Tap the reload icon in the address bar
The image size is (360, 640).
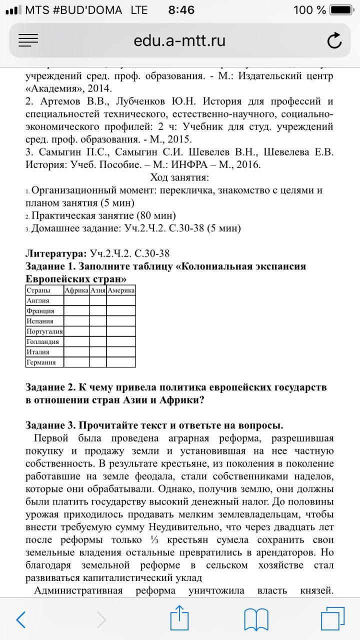pyautogui.click(x=334, y=40)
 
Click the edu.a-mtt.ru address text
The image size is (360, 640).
pyautogui.click(x=179, y=40)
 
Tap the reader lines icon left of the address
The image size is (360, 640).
pyautogui.click(x=28, y=40)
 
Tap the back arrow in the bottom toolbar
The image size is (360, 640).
pyautogui.click(x=21, y=620)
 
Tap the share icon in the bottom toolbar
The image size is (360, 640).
pyautogui.click(x=179, y=619)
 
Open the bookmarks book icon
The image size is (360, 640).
pyautogui.click(x=256, y=620)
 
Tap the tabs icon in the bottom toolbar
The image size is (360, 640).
pyautogui.click(x=332, y=619)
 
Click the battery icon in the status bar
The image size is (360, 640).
pyautogui.click(x=341, y=10)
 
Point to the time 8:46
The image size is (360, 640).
pyautogui.click(x=181, y=10)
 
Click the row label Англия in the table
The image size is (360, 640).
pyautogui.click(x=38, y=300)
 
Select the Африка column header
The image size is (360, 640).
pyautogui.click(x=76, y=290)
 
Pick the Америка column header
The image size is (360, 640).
pyautogui.click(x=121, y=290)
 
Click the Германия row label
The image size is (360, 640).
pyautogui.click(x=41, y=362)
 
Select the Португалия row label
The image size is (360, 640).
pyautogui.click(x=44, y=331)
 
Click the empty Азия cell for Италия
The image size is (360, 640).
pyautogui.click(x=98, y=352)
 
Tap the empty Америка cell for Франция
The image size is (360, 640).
pyautogui.click(x=121, y=311)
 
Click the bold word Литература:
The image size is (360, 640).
pyautogui.click(x=56, y=253)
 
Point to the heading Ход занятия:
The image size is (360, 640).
pyautogui.click(x=179, y=177)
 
